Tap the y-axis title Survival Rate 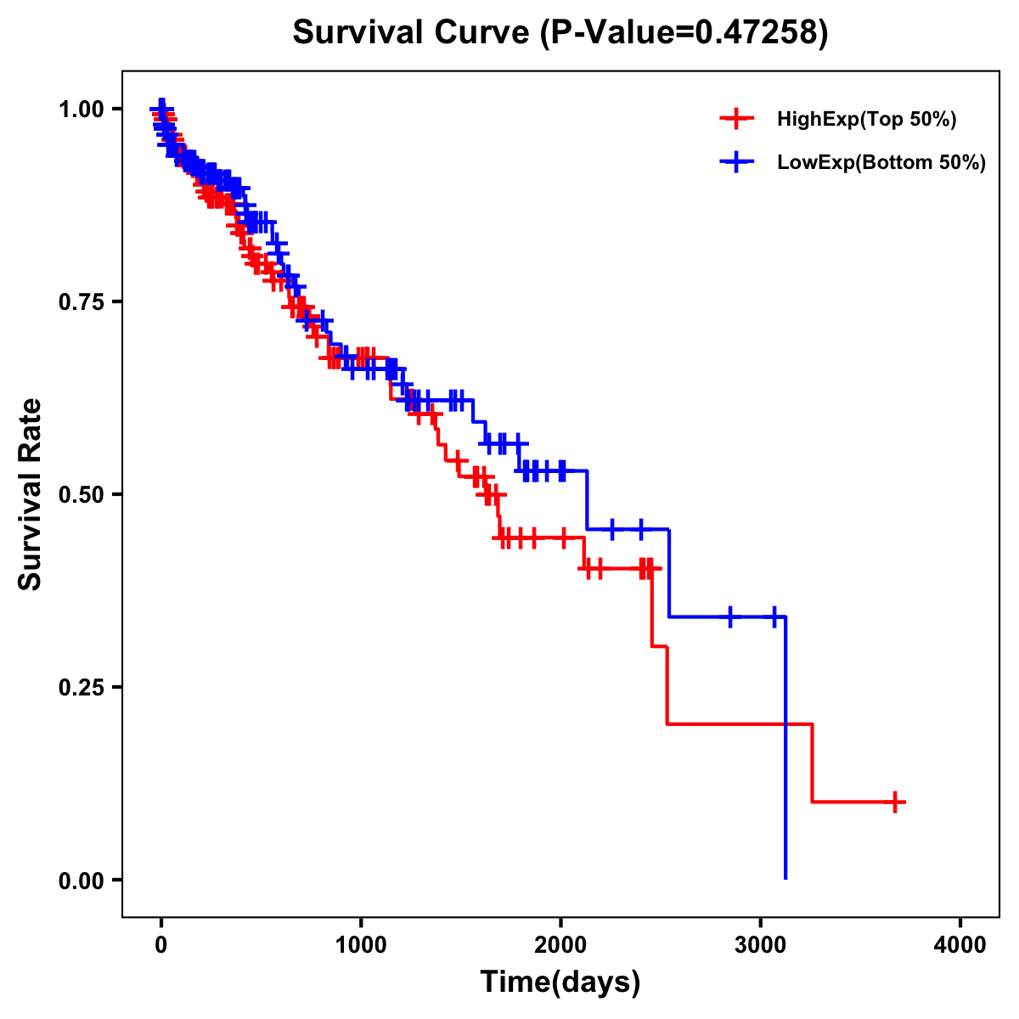(x=31, y=493)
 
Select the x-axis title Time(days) (x=560, y=982)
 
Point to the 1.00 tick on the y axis (x=81, y=109)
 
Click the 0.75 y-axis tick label (x=81, y=301)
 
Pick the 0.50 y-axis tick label (x=81, y=494)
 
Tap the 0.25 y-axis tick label (x=81, y=687)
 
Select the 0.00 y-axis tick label (x=81, y=880)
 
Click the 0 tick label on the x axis (x=160, y=945)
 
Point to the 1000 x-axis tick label (x=361, y=945)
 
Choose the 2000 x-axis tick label (x=560, y=945)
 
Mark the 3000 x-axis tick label (x=761, y=945)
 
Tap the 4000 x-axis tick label (x=960, y=945)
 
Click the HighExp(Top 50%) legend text (x=866, y=120)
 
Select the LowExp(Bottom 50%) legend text (x=881, y=163)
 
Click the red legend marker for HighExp (x=736, y=119)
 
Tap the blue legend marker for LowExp (x=736, y=162)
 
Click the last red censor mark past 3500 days (x=894, y=802)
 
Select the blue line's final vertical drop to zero (x=785, y=747)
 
